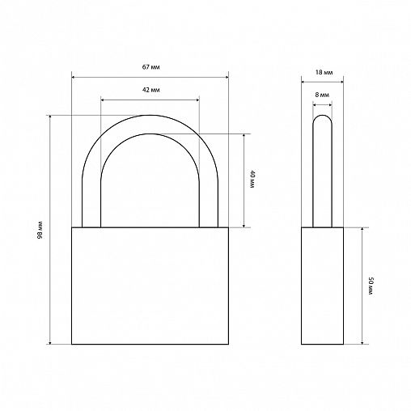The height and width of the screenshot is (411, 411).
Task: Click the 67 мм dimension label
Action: coord(151,67)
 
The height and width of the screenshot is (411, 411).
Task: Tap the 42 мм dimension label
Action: coord(151,90)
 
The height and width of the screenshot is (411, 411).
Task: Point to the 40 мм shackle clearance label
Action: coord(252,179)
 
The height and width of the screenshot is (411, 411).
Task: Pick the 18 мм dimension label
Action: coord(324,73)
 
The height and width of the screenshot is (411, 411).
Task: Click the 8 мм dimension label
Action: coord(322,95)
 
